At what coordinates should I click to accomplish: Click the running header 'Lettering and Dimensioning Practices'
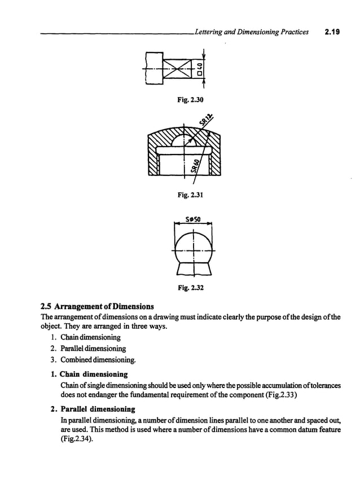pos(250,32)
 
